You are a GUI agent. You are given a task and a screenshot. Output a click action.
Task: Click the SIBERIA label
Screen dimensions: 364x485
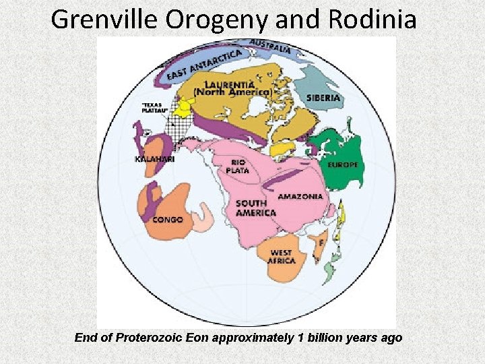(x=324, y=98)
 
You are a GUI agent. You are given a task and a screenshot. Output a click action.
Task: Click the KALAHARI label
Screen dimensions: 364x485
(x=155, y=159)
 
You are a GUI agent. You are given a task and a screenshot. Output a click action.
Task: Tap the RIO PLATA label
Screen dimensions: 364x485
(x=240, y=166)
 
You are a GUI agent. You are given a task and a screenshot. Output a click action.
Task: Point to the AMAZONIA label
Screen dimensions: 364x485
(x=300, y=196)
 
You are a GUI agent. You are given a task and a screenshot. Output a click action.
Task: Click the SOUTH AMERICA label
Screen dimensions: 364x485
(x=255, y=208)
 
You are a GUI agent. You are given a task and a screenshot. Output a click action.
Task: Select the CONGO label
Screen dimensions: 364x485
(x=168, y=219)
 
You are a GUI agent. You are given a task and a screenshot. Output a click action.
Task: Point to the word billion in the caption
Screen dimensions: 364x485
(x=326, y=337)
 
